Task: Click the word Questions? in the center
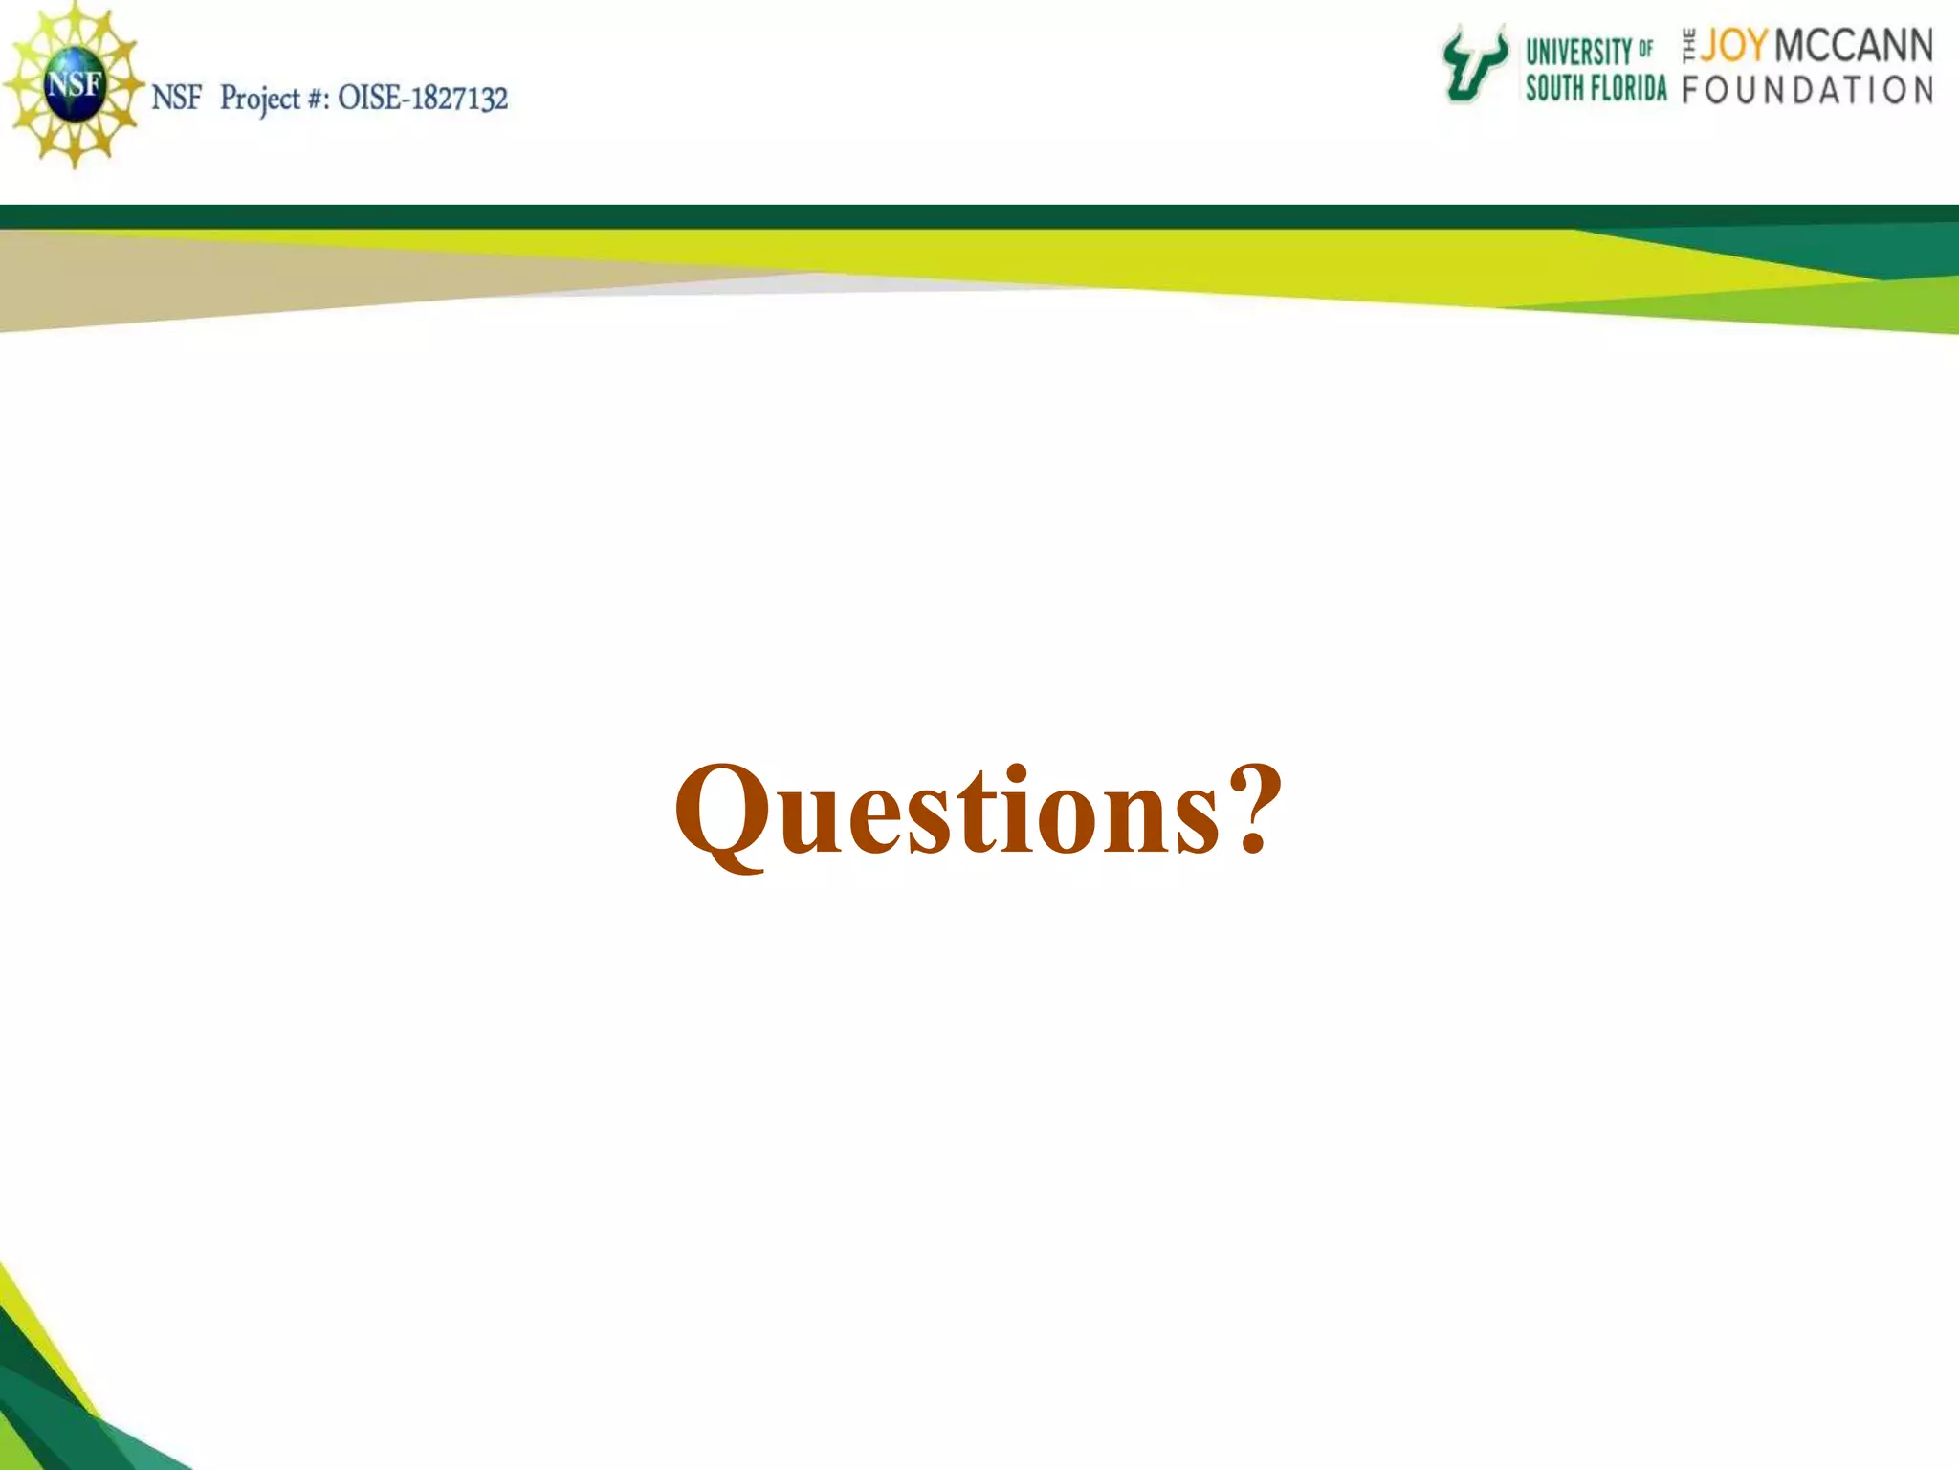coord(978,812)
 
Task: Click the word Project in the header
coord(260,99)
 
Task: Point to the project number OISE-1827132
coord(423,98)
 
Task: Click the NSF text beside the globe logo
coord(177,98)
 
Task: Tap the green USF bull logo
coord(1474,64)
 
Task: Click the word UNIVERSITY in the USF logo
coord(1578,51)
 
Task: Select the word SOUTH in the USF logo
coord(1551,88)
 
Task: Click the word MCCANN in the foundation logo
coord(1853,46)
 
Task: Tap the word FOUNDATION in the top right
coord(1807,90)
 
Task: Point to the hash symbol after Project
coord(316,99)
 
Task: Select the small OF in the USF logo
coord(1645,48)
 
